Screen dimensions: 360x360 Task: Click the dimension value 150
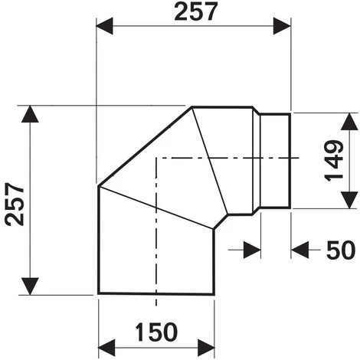click(156, 332)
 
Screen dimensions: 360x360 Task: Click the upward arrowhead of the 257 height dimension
click(30, 115)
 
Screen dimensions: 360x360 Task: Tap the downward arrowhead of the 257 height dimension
click(30, 285)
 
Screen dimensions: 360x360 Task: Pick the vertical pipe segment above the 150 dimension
click(153, 253)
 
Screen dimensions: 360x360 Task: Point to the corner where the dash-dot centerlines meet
click(156, 159)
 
